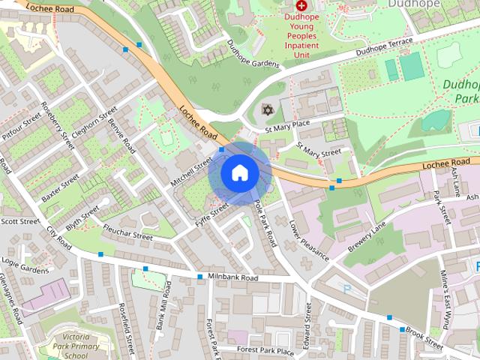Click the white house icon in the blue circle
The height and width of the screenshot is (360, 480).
(x=239, y=172)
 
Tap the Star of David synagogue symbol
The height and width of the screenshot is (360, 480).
(x=265, y=110)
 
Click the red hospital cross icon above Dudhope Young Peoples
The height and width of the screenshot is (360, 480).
(x=302, y=4)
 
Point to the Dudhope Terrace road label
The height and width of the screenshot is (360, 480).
(x=385, y=52)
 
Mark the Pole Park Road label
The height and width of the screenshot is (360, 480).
(x=265, y=223)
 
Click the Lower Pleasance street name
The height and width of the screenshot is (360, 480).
(x=309, y=240)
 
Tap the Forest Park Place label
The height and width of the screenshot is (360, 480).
(x=265, y=350)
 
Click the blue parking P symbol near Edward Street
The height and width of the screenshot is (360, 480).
(x=346, y=288)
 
